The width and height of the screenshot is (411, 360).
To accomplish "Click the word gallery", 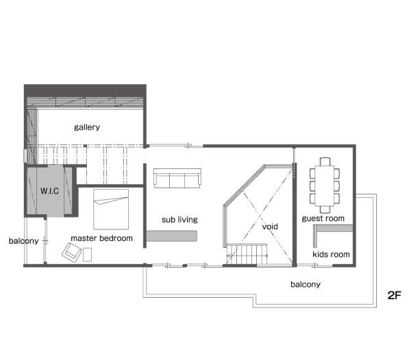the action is pos(87,127).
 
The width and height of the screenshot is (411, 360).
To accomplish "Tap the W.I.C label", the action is pos(49,191).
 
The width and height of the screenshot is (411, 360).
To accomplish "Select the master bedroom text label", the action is pos(101,238).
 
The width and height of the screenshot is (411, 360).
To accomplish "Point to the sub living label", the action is pos(179,220).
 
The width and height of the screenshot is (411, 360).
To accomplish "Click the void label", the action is pos(270,227).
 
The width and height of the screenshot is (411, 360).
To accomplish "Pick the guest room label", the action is pos(323,218).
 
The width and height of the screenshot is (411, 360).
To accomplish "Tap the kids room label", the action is pos(331,254).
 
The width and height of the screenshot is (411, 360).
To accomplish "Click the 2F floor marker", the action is pos(395,296).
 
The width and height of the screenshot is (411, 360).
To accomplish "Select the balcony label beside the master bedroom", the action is pos(23,241).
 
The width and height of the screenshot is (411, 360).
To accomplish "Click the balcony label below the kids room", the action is pos(306,284).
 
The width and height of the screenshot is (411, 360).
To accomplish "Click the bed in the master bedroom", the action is pos(111,209).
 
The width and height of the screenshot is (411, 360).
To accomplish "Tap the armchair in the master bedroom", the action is pos(71,253).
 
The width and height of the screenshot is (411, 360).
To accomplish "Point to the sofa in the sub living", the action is pos(177,178).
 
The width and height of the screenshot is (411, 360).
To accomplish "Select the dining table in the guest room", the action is pos(325,185).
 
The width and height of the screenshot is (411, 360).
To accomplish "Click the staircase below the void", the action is pos(247,255).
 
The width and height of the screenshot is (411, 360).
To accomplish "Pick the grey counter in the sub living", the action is pos(171,236).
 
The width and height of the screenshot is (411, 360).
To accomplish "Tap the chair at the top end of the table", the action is pos(325,162).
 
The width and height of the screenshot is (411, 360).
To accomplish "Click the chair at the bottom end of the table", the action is pos(325,209).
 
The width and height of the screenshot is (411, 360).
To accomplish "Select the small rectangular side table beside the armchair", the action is pos(87,255).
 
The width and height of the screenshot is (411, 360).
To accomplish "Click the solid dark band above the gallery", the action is pos(85,90).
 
